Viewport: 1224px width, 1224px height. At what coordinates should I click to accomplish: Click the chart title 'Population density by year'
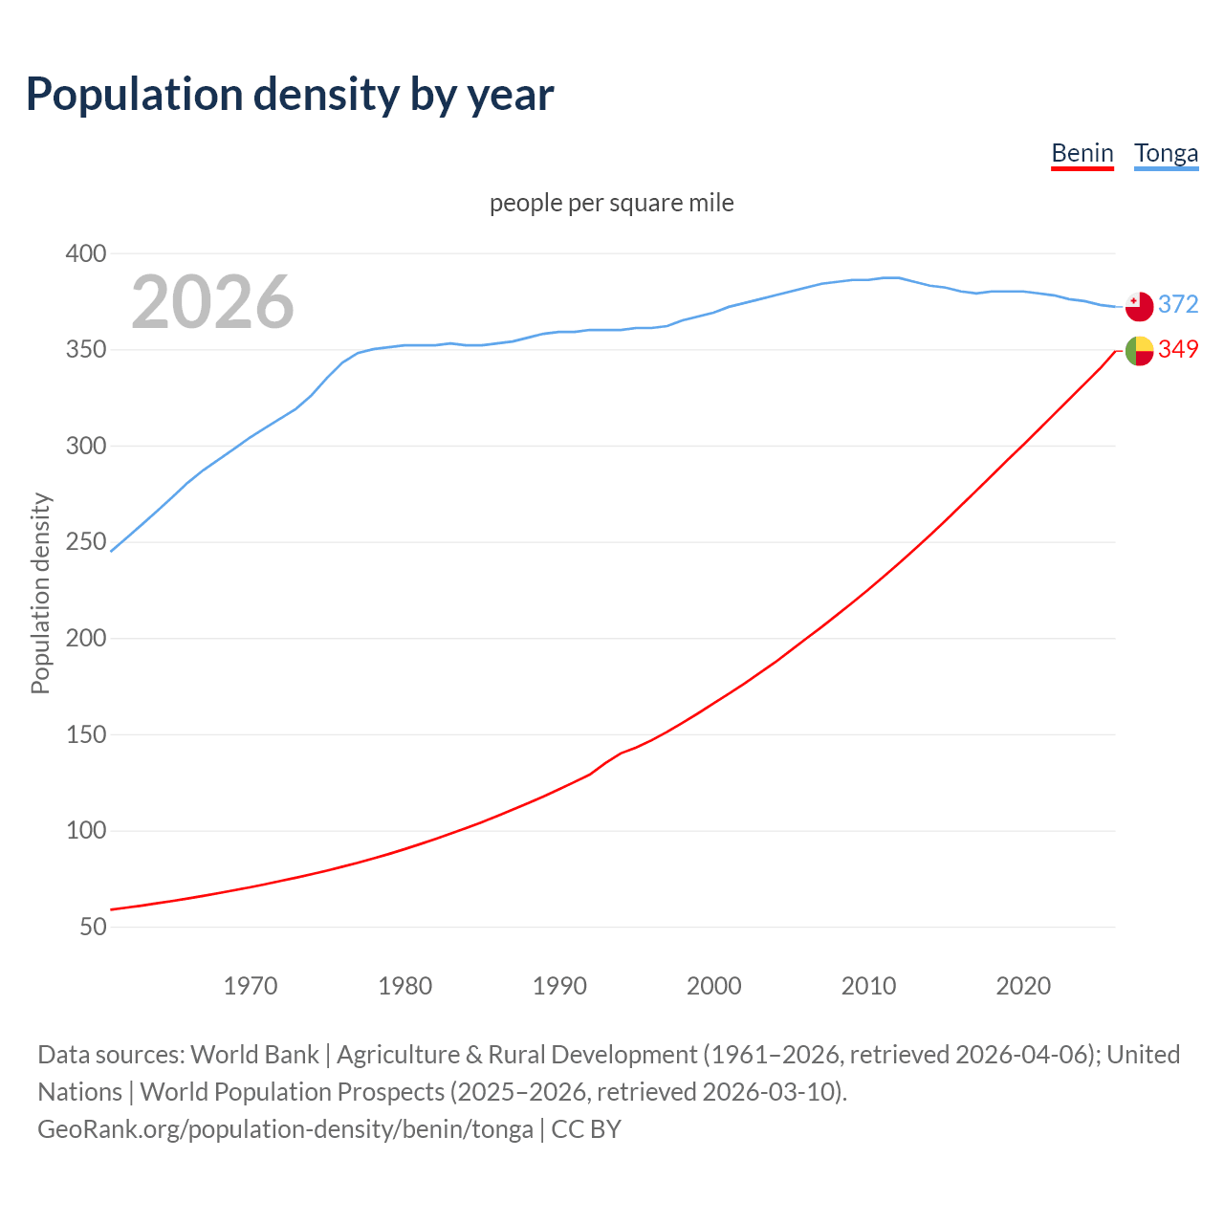point(290,95)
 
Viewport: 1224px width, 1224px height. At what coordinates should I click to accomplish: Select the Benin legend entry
point(1082,153)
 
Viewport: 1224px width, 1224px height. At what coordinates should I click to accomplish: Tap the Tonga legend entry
point(1166,153)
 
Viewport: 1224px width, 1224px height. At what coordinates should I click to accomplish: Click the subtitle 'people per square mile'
point(612,204)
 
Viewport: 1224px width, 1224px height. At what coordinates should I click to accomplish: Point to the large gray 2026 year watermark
point(212,302)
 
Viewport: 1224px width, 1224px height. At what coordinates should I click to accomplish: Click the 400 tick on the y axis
point(85,253)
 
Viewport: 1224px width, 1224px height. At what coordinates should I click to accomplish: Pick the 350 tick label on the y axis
point(85,350)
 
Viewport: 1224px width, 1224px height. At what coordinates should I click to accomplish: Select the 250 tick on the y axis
point(85,542)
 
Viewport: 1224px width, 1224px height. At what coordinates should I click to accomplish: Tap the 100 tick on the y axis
point(85,831)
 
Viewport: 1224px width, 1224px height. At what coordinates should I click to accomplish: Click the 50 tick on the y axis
point(93,927)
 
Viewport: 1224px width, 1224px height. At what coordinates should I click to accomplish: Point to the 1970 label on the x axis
point(251,986)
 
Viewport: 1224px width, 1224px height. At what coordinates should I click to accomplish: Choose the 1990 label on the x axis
point(559,986)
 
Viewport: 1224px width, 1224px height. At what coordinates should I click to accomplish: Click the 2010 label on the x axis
point(868,986)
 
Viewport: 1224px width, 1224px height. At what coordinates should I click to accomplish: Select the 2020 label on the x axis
point(1023,986)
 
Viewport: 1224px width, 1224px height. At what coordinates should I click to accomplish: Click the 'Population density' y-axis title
point(40,593)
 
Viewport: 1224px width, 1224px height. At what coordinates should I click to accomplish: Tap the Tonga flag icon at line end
point(1139,307)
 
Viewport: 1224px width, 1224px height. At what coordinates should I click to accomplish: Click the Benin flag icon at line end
point(1139,351)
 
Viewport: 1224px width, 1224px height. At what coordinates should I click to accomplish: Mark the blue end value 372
point(1178,304)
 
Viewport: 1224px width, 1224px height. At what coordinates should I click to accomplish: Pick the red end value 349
point(1178,350)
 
